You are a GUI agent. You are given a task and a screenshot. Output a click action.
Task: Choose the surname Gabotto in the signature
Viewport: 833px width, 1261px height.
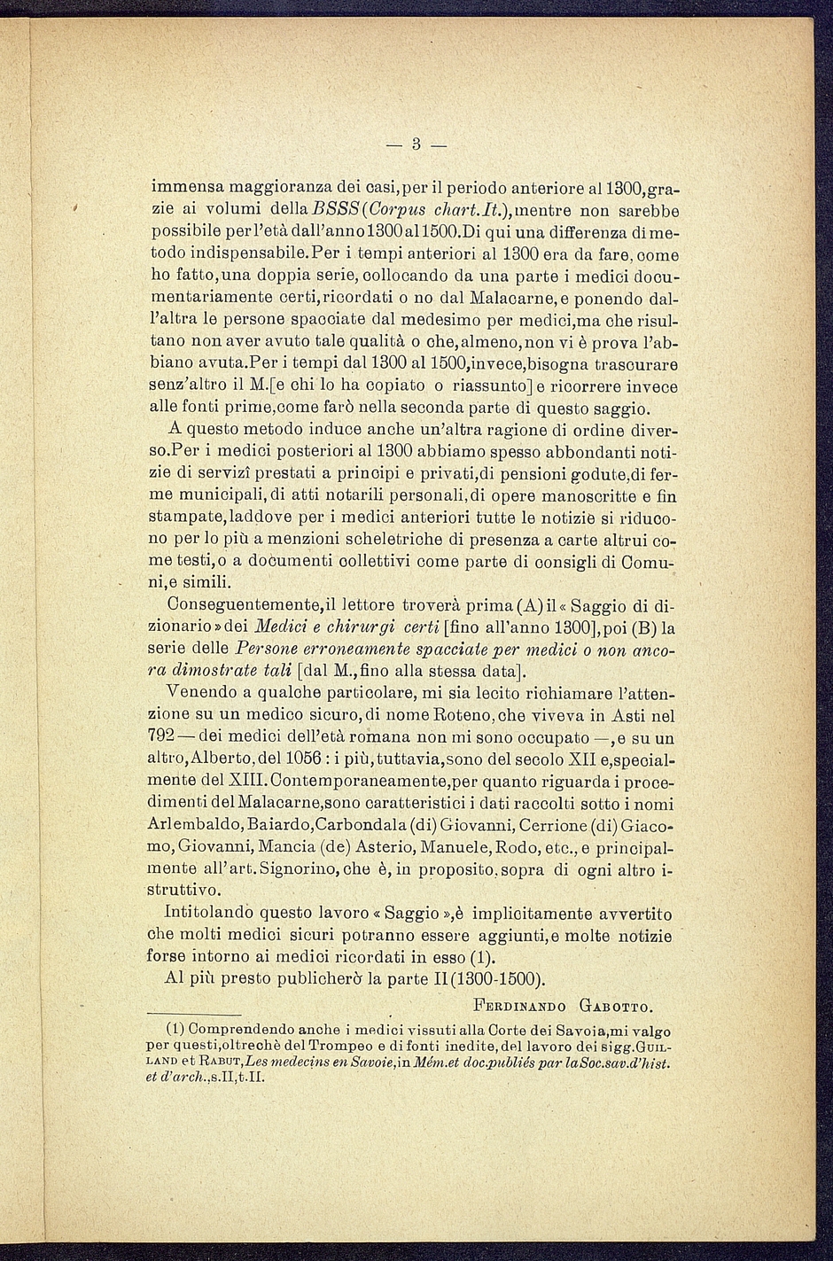pos(617,1005)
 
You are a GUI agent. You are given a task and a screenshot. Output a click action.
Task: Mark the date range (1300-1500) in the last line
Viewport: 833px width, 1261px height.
pos(498,979)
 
